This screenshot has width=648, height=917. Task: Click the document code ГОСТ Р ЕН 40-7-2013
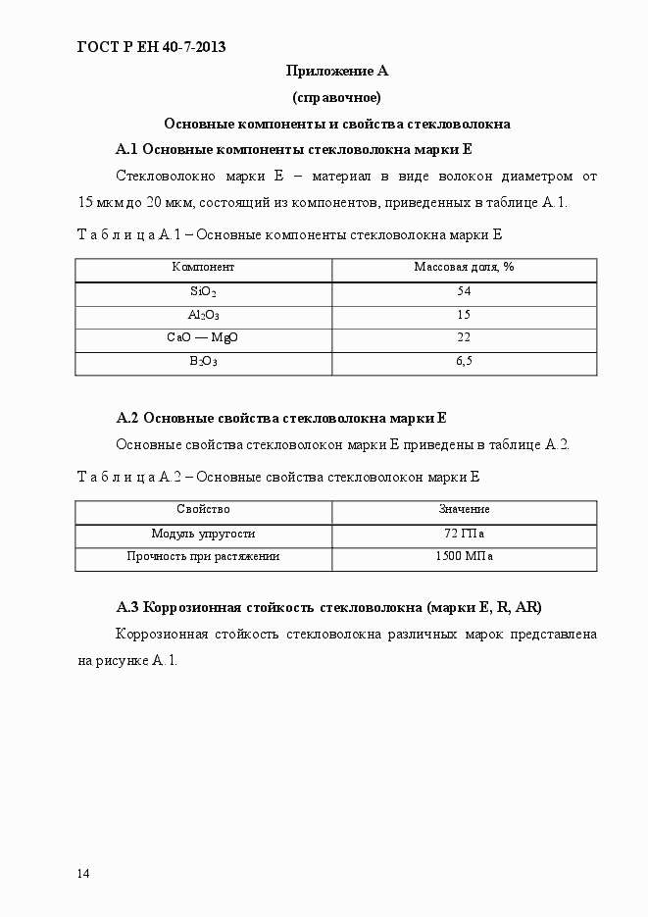pyautogui.click(x=151, y=45)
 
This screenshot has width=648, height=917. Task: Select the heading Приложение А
pyautogui.click(x=336, y=71)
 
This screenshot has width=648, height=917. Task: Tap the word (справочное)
pyautogui.click(x=336, y=97)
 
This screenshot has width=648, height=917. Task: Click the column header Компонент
pyautogui.click(x=203, y=267)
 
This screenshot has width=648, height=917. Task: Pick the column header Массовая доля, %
pyautogui.click(x=464, y=267)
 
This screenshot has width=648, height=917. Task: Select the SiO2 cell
pyautogui.click(x=203, y=292)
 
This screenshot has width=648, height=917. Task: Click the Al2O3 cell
pyautogui.click(x=203, y=315)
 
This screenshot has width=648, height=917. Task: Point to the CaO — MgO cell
pyautogui.click(x=203, y=337)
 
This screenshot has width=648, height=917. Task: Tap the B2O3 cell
pyautogui.click(x=203, y=361)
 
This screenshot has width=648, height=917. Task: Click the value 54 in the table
pyautogui.click(x=464, y=292)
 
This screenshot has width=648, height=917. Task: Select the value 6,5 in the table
pyautogui.click(x=464, y=361)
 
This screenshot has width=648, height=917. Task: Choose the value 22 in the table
pyautogui.click(x=464, y=337)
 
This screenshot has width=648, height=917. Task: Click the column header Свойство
pyautogui.click(x=203, y=509)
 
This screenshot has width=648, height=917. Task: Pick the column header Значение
pyautogui.click(x=464, y=509)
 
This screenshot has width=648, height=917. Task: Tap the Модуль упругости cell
pyautogui.click(x=203, y=534)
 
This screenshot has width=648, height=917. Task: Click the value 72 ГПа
pyautogui.click(x=464, y=534)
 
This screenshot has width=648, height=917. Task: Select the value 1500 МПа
pyautogui.click(x=464, y=556)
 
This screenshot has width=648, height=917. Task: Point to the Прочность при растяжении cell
pyautogui.click(x=203, y=556)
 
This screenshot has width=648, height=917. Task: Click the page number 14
pyautogui.click(x=83, y=874)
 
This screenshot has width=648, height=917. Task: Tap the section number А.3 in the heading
pyautogui.click(x=129, y=606)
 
